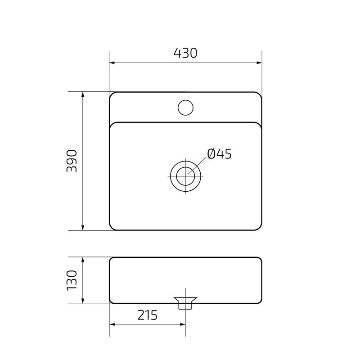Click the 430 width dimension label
pyautogui.click(x=185, y=53)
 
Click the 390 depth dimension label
pyautogui.click(x=72, y=161)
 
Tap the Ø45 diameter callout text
pyautogui.click(x=219, y=154)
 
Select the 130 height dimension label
pyautogui.click(x=72, y=280)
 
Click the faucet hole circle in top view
pyautogui.click(x=185, y=107)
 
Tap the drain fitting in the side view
pyautogui.click(x=185, y=302)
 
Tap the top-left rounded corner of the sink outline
pyautogui.click(x=112, y=94)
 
